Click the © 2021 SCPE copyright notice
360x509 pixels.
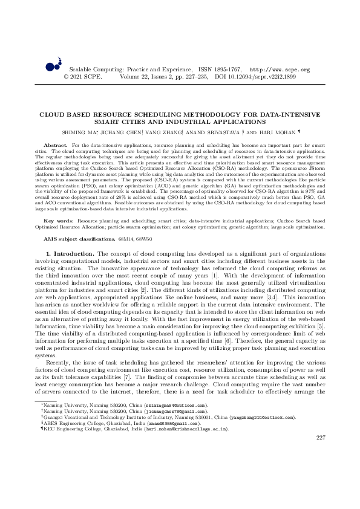(x=83, y=77)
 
